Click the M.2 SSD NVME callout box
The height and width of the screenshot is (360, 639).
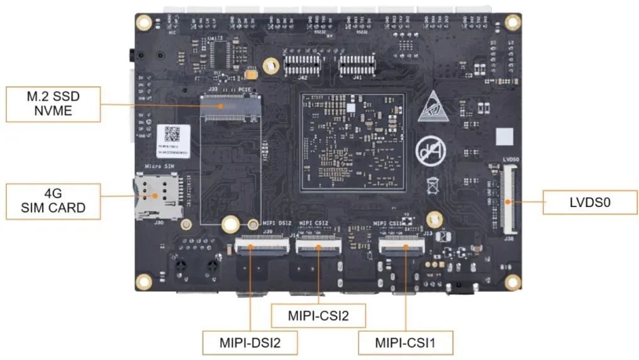[53, 104]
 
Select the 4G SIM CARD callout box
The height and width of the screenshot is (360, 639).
[53, 201]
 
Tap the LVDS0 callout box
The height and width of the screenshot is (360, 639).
[590, 202]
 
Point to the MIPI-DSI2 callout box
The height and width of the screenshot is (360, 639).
[250, 342]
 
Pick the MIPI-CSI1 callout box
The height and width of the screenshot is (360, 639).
[406, 342]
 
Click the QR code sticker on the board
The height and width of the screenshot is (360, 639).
[172, 133]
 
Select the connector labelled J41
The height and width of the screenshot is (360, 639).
[357, 64]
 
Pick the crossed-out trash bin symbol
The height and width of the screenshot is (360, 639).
[433, 185]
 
